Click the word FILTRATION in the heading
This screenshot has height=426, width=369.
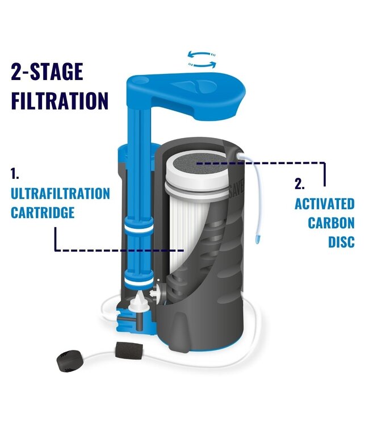(x=60, y=101)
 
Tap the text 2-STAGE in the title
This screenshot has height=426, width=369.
(x=47, y=71)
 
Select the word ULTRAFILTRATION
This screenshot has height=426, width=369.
(x=60, y=194)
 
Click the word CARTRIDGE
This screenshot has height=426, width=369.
(x=43, y=212)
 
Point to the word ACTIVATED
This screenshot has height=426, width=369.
(x=325, y=204)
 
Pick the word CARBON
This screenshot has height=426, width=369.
(x=332, y=223)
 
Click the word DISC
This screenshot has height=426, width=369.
(x=342, y=241)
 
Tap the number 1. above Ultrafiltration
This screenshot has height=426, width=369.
(x=15, y=174)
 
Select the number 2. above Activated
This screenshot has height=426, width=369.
(x=300, y=184)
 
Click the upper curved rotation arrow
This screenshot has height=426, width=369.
(x=202, y=53)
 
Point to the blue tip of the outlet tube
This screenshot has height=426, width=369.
(x=257, y=240)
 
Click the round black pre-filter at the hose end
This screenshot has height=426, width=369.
(x=69, y=361)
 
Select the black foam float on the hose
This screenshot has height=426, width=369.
(x=129, y=350)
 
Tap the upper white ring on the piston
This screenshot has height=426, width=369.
(x=139, y=228)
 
